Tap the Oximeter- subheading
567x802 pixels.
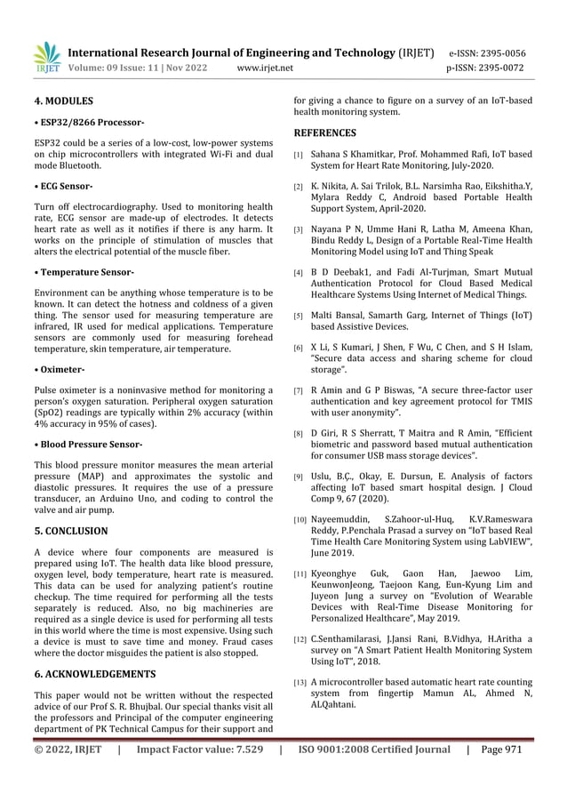coord(60,369)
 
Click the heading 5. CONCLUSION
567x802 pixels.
coord(71,531)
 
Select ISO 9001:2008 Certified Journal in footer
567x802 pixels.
coord(373,750)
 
